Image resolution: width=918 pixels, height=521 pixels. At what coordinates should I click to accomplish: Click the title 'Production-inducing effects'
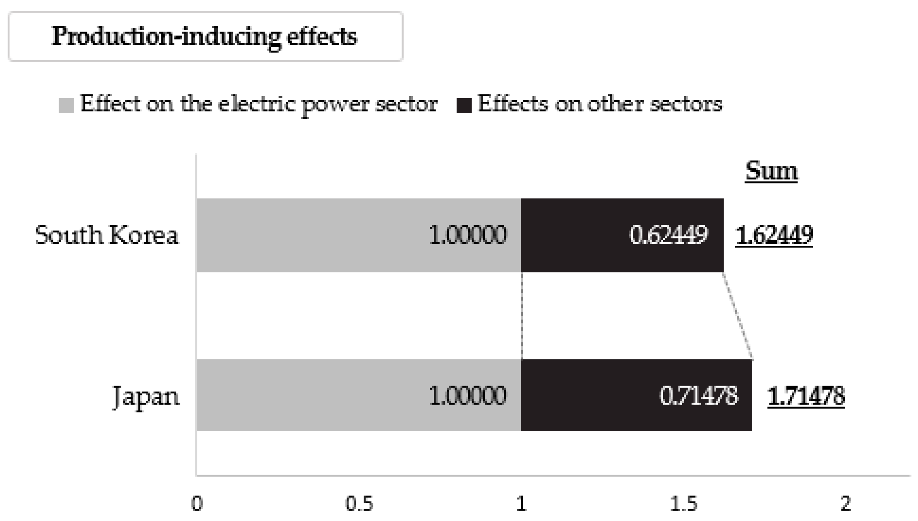[x=205, y=36]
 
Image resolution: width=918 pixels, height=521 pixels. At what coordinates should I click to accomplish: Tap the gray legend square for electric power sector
[x=66, y=105]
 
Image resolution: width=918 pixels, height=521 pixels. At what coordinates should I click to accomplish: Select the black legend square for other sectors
[x=464, y=106]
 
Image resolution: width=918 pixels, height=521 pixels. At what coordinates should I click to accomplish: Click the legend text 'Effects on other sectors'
[x=600, y=104]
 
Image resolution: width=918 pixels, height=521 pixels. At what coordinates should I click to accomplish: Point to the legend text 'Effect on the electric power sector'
[x=259, y=104]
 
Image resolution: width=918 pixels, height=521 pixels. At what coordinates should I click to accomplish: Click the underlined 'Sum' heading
[x=771, y=171]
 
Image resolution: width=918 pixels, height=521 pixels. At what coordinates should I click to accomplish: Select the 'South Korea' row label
[x=107, y=235]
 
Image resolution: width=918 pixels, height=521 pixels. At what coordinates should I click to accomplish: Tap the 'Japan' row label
[x=146, y=396]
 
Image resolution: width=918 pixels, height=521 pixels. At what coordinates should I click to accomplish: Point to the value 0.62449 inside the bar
[x=668, y=235]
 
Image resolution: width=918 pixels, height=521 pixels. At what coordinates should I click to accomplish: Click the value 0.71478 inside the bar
[x=698, y=395]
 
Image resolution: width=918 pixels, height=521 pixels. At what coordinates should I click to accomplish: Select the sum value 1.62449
[x=774, y=235]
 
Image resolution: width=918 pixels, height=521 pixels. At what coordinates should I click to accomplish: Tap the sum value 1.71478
[x=806, y=396]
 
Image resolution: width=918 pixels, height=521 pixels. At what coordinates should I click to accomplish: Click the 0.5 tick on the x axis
[x=359, y=504]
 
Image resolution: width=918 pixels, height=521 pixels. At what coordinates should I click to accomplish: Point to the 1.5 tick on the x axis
[x=684, y=504]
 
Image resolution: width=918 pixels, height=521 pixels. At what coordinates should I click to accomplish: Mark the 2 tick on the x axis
[x=846, y=504]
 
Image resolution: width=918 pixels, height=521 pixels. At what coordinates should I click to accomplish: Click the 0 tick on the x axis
[x=197, y=504]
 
